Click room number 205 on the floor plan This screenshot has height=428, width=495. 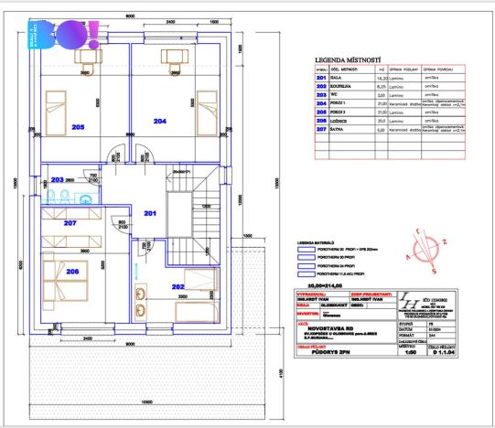[x=79, y=128]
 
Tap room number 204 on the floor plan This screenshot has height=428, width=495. [x=160, y=121]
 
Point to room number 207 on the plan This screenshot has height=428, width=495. [x=70, y=223]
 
